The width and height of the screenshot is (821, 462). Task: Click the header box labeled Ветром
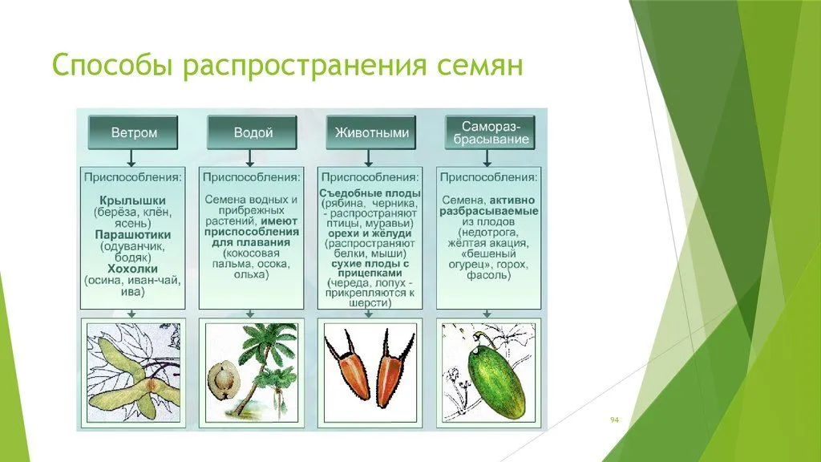(x=133, y=132)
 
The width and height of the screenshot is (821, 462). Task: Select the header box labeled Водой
(x=253, y=132)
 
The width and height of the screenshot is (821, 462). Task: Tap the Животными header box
(x=371, y=132)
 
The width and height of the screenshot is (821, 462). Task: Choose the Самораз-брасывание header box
(x=491, y=132)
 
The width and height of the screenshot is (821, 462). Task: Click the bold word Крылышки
(x=132, y=201)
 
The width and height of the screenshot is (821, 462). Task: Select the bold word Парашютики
(x=133, y=235)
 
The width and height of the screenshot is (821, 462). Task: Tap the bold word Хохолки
(x=132, y=269)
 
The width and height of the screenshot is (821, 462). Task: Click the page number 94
(x=615, y=420)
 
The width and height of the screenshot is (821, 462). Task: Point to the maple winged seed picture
(x=134, y=372)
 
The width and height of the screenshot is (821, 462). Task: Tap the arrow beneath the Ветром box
(x=131, y=158)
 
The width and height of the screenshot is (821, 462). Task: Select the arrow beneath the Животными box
(x=369, y=158)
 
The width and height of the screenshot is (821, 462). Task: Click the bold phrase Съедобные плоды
(x=370, y=193)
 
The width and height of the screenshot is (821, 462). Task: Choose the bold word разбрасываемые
(x=488, y=211)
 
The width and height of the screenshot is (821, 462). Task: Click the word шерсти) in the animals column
(x=370, y=303)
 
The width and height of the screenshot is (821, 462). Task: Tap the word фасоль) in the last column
(x=488, y=275)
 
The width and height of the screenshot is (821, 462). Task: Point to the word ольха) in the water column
(x=251, y=274)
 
